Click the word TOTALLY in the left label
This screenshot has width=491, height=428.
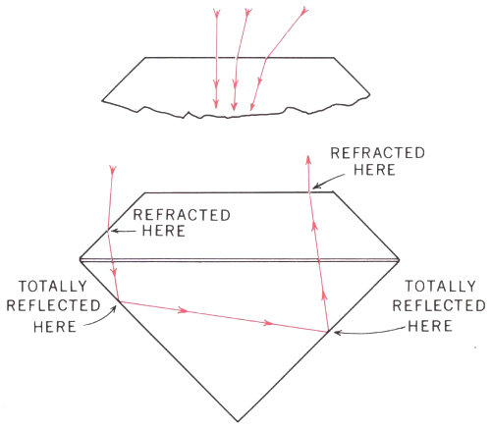click(53, 287)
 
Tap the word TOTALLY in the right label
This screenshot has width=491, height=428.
click(440, 287)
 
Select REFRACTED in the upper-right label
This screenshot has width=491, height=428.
click(378, 153)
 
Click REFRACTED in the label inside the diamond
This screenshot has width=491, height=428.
click(182, 215)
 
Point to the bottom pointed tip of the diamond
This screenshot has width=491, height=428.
click(238, 421)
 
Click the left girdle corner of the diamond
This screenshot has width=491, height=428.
click(81, 260)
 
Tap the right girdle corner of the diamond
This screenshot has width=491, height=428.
click(400, 260)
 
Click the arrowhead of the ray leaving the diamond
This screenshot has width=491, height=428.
click(307, 159)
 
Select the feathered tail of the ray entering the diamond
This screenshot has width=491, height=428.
click(113, 170)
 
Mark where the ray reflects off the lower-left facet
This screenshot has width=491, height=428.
click(119, 300)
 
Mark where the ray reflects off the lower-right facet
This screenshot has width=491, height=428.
click(328, 332)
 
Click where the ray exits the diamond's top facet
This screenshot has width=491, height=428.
click(309, 192)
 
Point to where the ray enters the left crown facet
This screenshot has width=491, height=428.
click(108, 231)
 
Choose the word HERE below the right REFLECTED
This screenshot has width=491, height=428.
click(430, 326)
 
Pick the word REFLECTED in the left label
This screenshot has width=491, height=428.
click(53, 305)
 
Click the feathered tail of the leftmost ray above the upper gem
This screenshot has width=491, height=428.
click(216, 13)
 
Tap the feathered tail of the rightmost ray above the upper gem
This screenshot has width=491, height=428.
click(304, 11)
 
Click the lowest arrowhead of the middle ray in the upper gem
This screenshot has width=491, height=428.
click(234, 106)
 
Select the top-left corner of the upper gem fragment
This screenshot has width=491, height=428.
click(145, 58)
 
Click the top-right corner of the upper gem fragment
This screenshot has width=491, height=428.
click(334, 58)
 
